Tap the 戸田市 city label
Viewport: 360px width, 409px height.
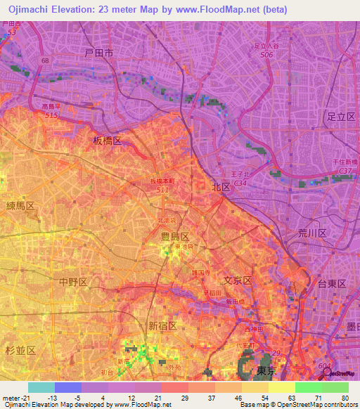point(98,53)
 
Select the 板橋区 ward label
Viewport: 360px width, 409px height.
point(108,141)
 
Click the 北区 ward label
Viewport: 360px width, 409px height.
point(221,187)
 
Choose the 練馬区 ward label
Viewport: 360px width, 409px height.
point(20,205)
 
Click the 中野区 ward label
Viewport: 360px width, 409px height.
point(73,282)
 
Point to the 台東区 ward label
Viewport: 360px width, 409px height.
point(332,283)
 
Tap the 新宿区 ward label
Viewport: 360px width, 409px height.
point(162,325)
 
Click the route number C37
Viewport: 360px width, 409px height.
point(345,171)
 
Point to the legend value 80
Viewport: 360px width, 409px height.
point(344,398)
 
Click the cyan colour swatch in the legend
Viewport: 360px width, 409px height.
point(41,387)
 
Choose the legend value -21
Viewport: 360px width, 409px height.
point(20,398)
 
